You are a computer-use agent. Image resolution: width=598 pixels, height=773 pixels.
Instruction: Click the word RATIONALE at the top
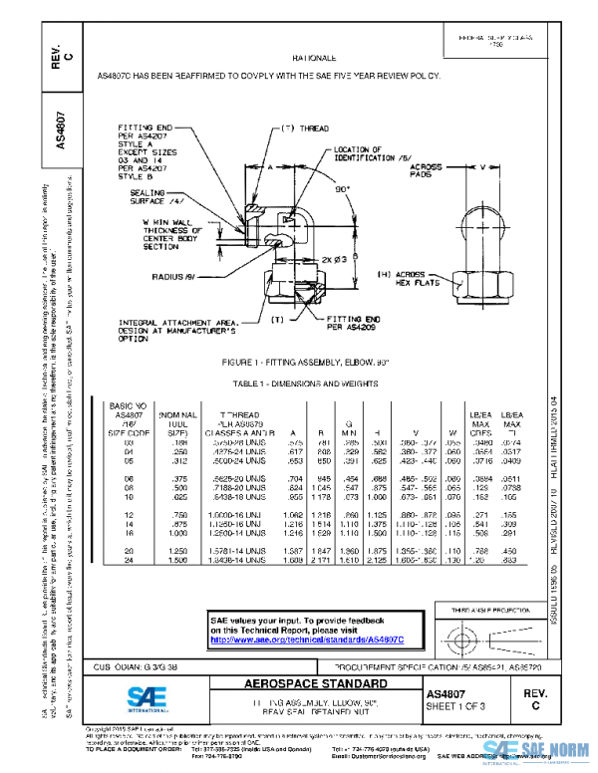pyautogui.click(x=314, y=59)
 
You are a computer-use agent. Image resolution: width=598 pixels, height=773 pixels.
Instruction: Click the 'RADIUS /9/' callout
pyautogui.click(x=176, y=278)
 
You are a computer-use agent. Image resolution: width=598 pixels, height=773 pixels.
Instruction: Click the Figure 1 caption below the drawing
pyautogui.click(x=306, y=363)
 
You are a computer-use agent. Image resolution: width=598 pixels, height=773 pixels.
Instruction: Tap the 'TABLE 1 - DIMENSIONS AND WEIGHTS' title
pyautogui.click(x=305, y=382)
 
